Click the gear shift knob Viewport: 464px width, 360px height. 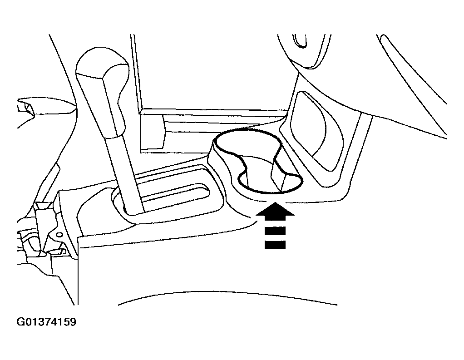coord(104,92)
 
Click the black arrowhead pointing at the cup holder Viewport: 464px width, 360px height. coord(275,211)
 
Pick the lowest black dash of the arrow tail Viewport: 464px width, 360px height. coord(275,245)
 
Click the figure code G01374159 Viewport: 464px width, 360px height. coord(46,321)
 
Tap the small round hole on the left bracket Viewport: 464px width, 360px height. coord(59,227)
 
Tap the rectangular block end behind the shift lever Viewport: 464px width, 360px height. coord(153,132)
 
